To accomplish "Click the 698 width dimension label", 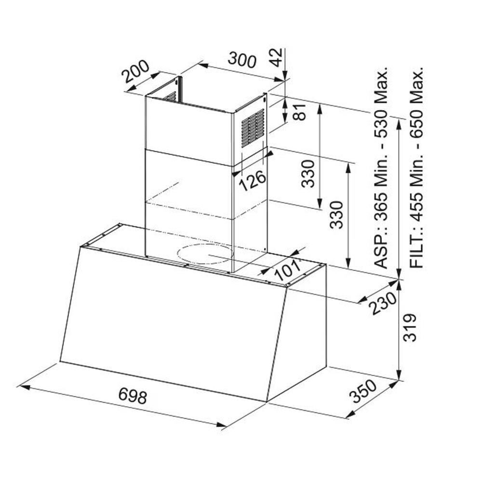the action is (133, 395).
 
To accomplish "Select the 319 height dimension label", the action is (410, 328).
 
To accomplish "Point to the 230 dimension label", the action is (383, 303).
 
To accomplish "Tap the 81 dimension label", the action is (300, 112).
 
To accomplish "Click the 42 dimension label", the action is (276, 57).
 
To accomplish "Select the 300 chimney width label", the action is (242, 60).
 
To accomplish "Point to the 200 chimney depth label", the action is (135, 72).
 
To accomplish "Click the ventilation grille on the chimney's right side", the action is (253, 128).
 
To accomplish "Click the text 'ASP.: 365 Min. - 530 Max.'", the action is (381, 168).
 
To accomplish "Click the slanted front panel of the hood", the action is (174, 324).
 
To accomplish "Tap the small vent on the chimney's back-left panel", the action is (170, 97).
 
